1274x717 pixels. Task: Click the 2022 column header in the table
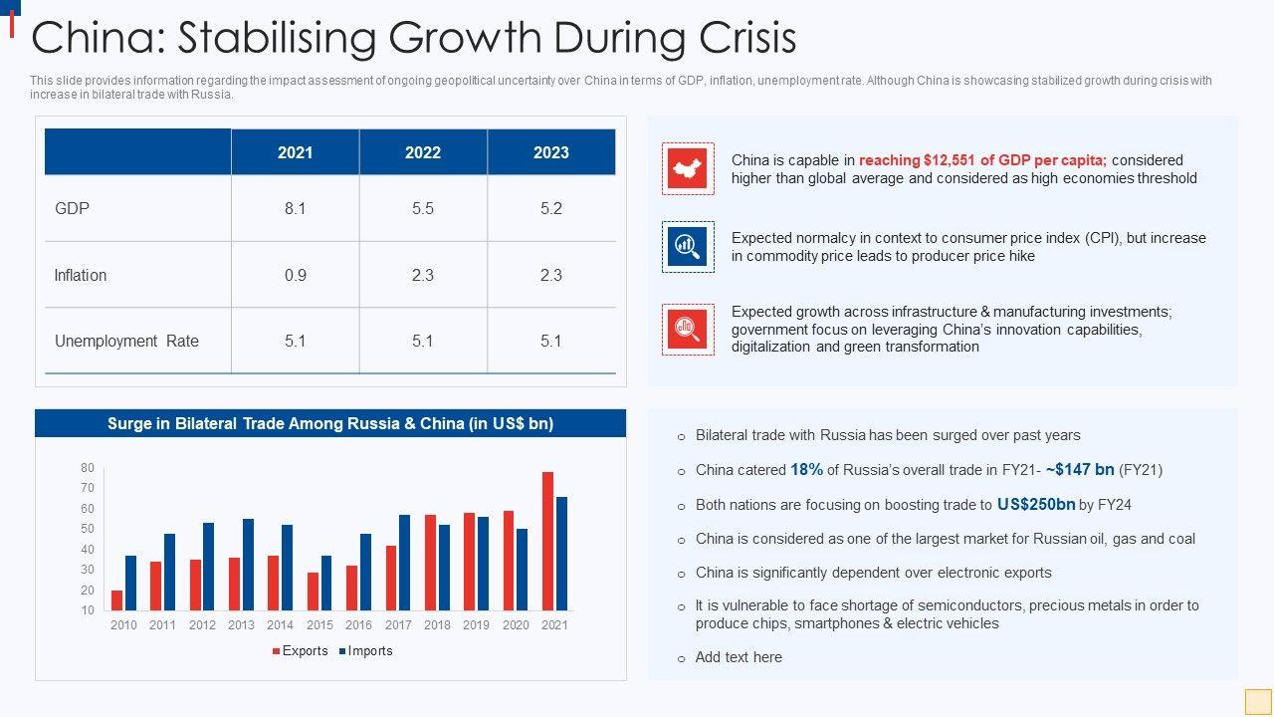point(423,152)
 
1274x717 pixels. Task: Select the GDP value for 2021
point(295,209)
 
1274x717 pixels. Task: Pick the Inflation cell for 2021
point(295,275)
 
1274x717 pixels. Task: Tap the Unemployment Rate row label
point(126,341)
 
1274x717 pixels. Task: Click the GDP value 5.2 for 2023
point(550,209)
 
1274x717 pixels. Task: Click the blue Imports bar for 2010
point(130,583)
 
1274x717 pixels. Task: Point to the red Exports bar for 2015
point(314,592)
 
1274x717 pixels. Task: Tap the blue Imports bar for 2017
point(404,563)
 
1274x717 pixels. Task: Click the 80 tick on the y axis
point(88,468)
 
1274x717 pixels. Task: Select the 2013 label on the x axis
point(241,625)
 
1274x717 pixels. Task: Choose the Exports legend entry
point(300,651)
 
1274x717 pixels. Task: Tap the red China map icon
point(688,168)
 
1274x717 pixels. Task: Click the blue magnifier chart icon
point(688,246)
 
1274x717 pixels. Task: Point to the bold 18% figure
point(806,470)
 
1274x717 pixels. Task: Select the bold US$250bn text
point(1035,505)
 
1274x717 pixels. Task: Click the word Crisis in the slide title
point(738,38)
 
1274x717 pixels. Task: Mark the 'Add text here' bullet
point(739,657)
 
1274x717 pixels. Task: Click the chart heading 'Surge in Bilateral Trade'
point(330,423)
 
